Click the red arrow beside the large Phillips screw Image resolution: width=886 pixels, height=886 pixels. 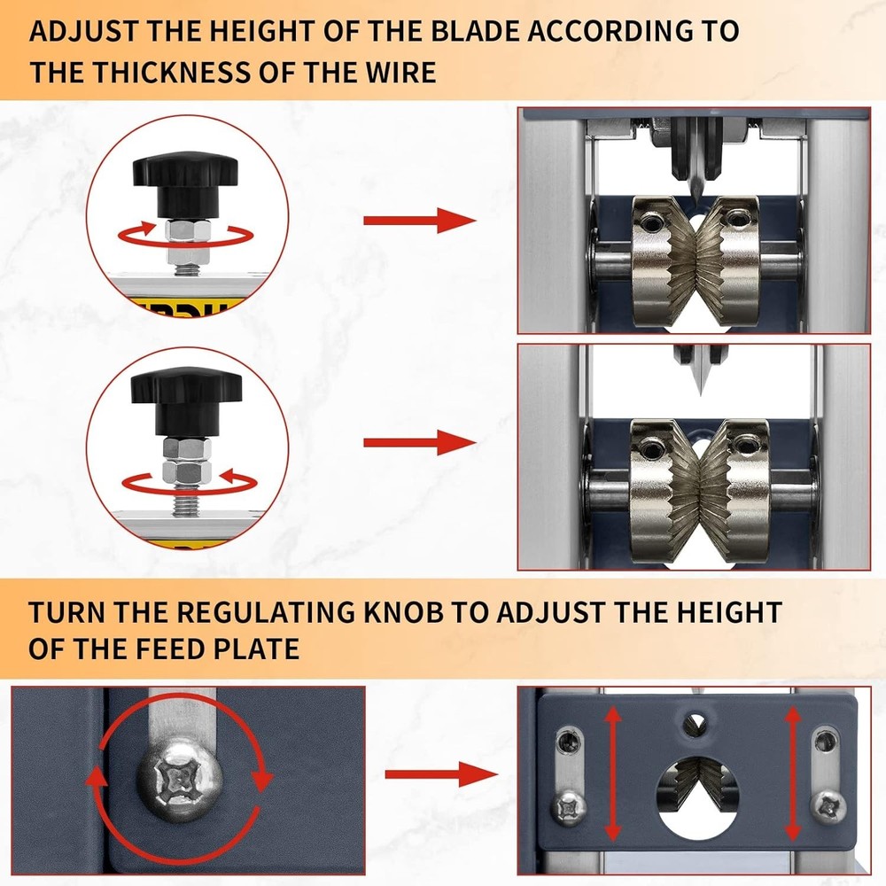coord(439,775)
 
